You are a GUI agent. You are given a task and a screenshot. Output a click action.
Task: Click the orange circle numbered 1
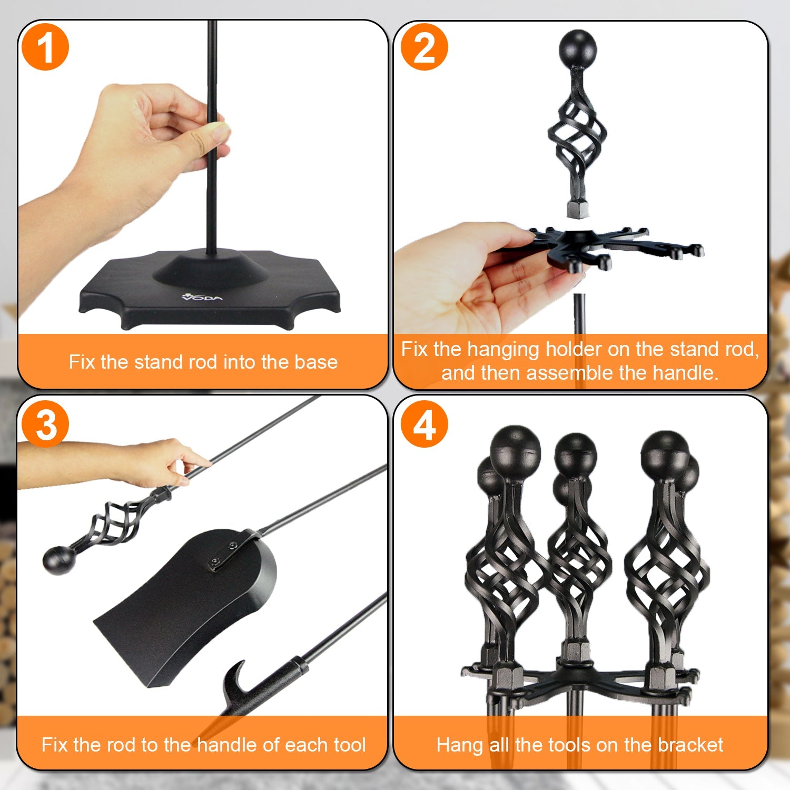tap(45, 48)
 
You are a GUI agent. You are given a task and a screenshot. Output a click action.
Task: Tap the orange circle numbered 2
tap(424, 48)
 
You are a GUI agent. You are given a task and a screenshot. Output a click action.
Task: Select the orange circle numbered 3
tap(45, 424)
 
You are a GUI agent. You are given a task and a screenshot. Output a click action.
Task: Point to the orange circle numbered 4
tap(424, 424)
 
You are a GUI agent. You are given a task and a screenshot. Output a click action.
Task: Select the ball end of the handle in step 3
tap(58, 560)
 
